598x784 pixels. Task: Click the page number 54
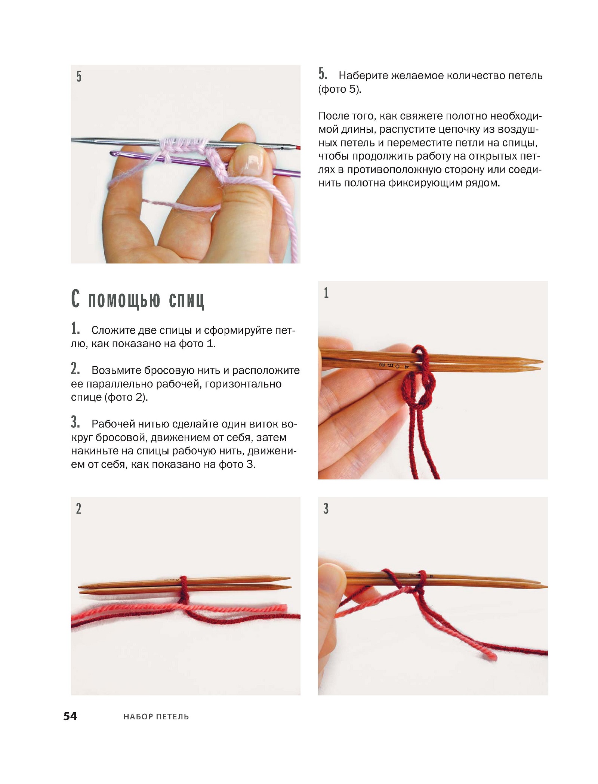tap(70, 716)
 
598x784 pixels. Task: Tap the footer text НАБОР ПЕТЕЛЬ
tap(156, 717)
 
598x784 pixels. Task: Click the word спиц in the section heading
tap(187, 300)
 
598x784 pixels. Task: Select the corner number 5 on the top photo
tap(79, 77)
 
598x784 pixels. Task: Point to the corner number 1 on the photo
tap(326, 293)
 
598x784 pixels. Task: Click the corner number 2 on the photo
tap(78, 509)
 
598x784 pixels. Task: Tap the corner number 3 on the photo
tap(326, 509)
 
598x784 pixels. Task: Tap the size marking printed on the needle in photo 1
tap(394, 365)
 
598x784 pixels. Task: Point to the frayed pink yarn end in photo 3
tap(491, 654)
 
